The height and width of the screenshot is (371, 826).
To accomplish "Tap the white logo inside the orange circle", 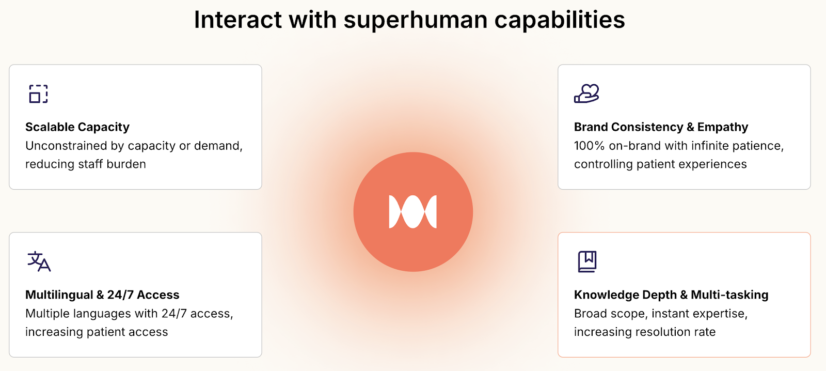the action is pos(413,211).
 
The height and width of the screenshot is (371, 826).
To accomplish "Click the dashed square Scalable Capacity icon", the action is pos(38,94).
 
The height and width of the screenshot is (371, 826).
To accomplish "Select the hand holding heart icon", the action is pos(586,94).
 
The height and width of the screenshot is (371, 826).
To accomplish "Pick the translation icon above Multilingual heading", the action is pos(39,261).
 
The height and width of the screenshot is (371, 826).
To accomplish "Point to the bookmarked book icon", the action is pos(587,262).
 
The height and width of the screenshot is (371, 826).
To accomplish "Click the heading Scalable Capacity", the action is pos(77,127).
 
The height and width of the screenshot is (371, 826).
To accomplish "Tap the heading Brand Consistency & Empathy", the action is pos(661,127).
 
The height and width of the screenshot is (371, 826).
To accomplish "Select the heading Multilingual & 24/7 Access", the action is pos(102,295).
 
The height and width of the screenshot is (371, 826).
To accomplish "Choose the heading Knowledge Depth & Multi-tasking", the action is pos(671,295).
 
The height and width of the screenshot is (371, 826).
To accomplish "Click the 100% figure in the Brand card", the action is pos(589,146).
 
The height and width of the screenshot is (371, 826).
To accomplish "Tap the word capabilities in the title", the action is pos(560,20).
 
